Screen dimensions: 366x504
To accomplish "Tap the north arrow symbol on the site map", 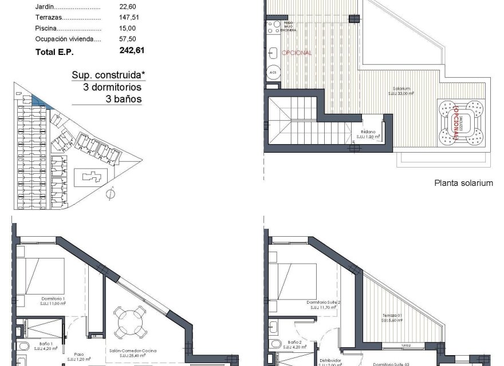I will point(109,194).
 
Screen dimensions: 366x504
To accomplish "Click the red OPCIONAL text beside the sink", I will point(297,53).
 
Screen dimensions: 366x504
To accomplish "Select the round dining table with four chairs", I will point(129,323).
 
